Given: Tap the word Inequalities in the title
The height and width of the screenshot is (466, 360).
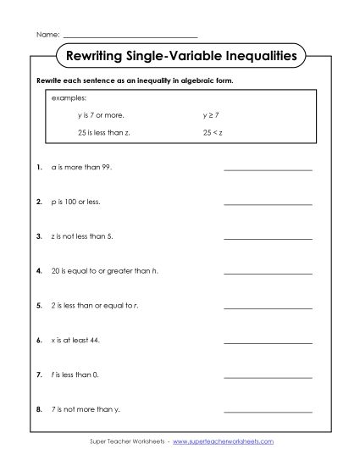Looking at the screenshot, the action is click(254, 57).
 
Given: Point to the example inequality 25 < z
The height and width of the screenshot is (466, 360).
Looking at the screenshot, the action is click(212, 133).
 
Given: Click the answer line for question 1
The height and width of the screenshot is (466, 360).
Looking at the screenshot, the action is click(268, 169).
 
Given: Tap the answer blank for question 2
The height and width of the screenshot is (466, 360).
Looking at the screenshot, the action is click(268, 204).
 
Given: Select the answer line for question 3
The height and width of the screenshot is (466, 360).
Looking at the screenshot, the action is click(268, 238).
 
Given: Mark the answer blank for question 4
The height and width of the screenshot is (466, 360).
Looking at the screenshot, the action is click(268, 273).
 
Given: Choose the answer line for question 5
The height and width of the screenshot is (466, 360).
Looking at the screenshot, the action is click(268, 308).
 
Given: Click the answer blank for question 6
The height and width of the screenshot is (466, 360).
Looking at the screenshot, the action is click(268, 342).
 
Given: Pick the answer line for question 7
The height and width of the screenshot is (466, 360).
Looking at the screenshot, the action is click(268, 376).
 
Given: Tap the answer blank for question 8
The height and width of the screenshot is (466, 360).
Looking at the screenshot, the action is click(268, 411).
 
